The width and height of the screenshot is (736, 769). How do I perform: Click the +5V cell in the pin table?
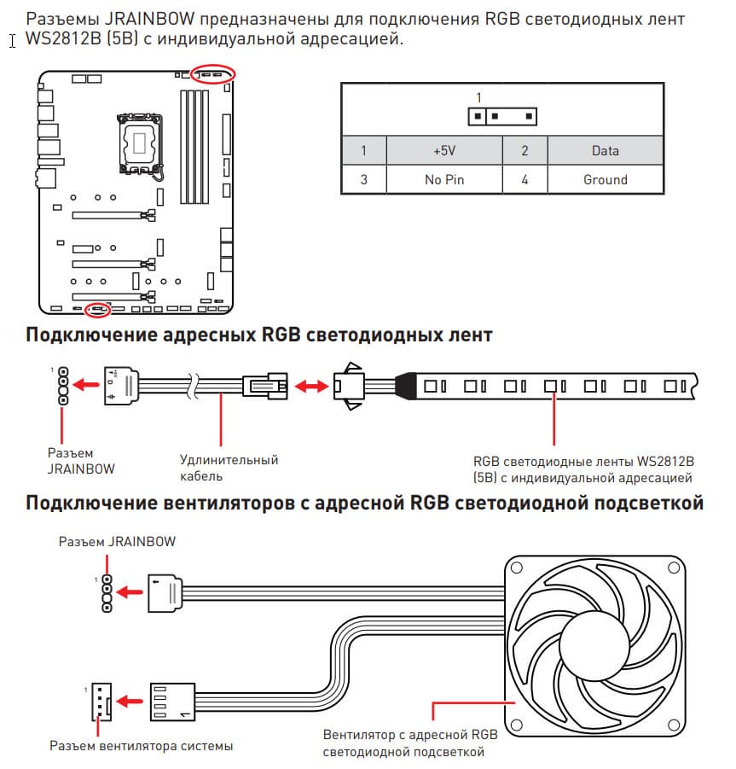pos(443,151)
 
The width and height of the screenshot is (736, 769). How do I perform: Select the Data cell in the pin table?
pos(605,151)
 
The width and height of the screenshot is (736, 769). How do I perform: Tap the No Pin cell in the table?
pos(443,180)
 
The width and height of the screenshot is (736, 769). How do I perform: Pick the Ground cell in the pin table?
pos(605,180)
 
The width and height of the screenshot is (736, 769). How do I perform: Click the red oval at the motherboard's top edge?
pos(212,73)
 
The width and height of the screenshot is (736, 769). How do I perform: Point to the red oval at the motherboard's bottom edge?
pos(98,308)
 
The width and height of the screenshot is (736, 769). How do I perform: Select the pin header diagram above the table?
pos(502,115)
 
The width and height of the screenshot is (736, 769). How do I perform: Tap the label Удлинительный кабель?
pos(229,468)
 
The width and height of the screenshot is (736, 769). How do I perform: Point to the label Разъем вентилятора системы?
pos(141,746)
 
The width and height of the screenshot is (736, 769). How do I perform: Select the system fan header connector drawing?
pos(100,701)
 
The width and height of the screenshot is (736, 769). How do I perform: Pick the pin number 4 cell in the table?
pos(524,180)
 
